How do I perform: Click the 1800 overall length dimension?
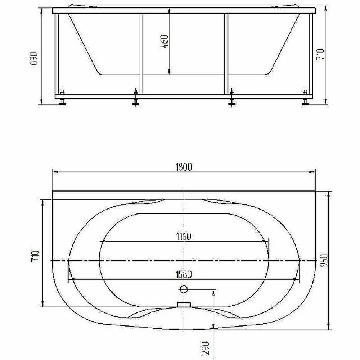(x=184, y=167)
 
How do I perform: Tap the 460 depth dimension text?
(x=165, y=41)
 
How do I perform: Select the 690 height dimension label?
(x=33, y=59)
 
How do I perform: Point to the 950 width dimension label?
(x=324, y=260)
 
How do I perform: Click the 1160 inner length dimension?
(x=184, y=237)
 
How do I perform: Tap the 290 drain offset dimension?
(x=206, y=348)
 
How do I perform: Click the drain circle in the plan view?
(x=184, y=289)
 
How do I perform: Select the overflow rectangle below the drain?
(x=184, y=305)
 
